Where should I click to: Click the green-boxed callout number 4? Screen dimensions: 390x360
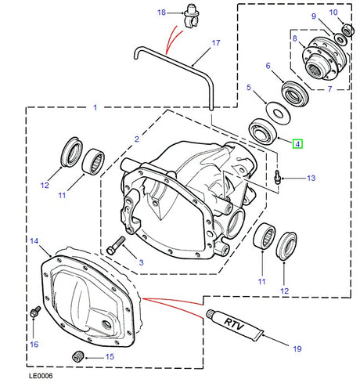point(297,144)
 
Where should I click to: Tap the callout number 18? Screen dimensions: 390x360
point(161,13)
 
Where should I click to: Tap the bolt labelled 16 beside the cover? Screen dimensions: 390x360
point(34,312)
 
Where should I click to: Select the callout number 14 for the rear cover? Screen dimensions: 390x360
point(33,240)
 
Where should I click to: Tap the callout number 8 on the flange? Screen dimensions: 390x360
point(294,38)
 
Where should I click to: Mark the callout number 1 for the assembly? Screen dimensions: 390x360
point(95,107)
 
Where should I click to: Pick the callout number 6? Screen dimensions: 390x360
point(268,67)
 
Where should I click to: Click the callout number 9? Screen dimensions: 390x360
point(314,16)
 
